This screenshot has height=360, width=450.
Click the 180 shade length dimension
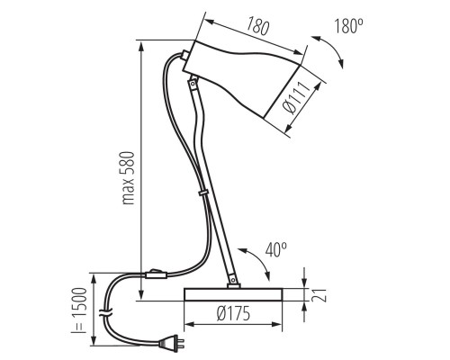(x=257, y=27)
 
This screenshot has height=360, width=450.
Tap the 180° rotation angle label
(x=348, y=26)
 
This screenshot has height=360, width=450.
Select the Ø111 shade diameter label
(x=296, y=98)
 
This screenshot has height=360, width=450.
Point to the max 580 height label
(x=129, y=178)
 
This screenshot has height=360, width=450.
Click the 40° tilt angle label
(x=276, y=249)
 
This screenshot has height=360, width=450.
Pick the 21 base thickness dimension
(x=319, y=295)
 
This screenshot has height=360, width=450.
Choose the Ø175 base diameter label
(x=233, y=313)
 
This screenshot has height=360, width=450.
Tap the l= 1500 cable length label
(x=79, y=310)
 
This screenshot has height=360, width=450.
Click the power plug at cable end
(x=172, y=343)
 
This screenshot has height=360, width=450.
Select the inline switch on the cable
(x=156, y=274)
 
